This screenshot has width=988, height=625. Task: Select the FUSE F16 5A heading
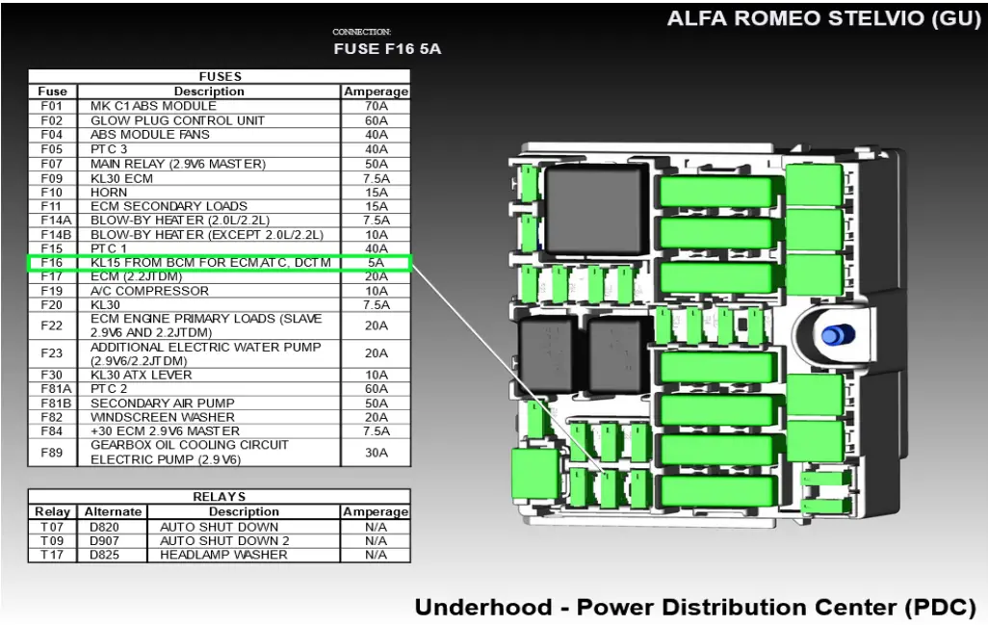pos(387,49)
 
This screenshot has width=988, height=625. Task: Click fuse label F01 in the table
pos(52,106)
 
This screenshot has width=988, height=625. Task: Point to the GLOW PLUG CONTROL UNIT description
pos(177,120)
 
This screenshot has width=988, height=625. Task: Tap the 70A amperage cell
pos(376,106)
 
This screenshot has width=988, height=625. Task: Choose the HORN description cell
pos(109,192)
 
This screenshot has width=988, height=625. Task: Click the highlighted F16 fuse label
pos(52,262)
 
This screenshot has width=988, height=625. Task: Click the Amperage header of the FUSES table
pos(376,91)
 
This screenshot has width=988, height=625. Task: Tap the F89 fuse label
pos(52,453)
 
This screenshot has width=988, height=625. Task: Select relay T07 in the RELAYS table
pos(52,527)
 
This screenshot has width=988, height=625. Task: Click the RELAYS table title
pos(220,497)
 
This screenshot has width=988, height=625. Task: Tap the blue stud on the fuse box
pos(835,334)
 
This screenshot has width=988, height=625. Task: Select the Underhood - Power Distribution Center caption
pos(695,608)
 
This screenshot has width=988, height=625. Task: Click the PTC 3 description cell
pos(109,149)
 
